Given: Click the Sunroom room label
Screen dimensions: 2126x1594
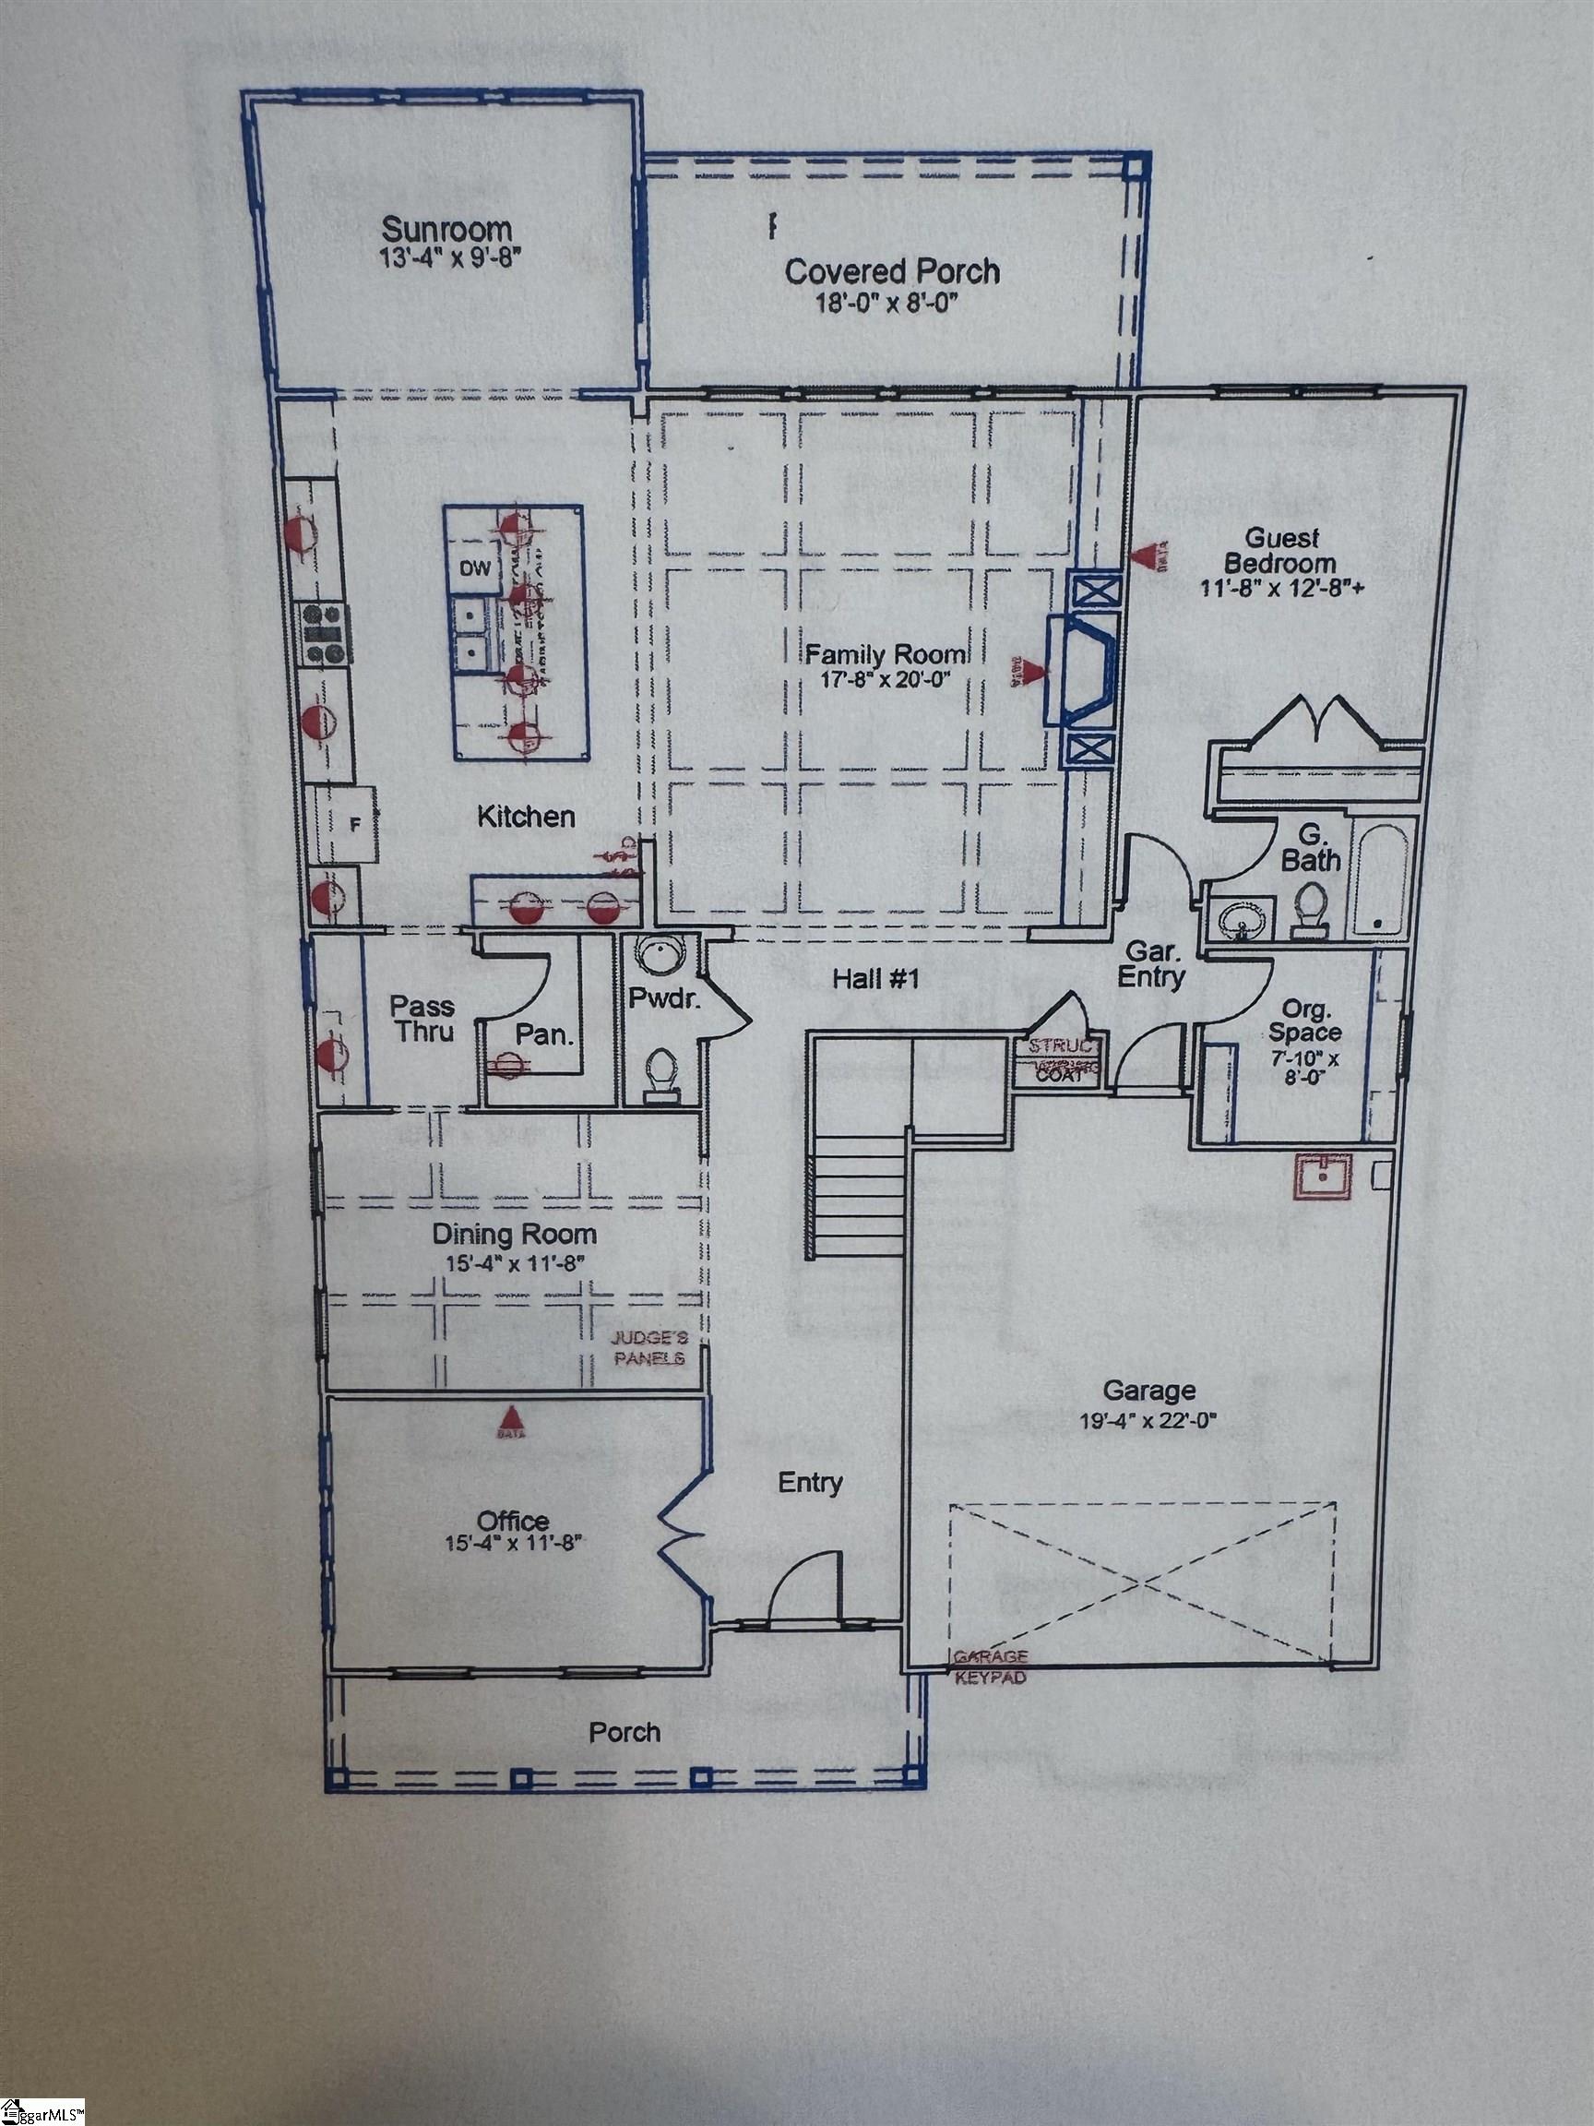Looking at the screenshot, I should pos(446,231).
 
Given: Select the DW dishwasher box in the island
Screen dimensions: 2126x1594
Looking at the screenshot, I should pos(474,569).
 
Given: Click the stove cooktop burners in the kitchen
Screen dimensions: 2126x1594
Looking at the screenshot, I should pos(324,631).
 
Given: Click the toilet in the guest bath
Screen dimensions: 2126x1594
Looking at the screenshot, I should pos(1308,910).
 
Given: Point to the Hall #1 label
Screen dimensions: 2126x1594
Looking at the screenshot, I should pos(876,980).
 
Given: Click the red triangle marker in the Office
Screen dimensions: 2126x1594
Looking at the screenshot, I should pos(511,1417).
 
